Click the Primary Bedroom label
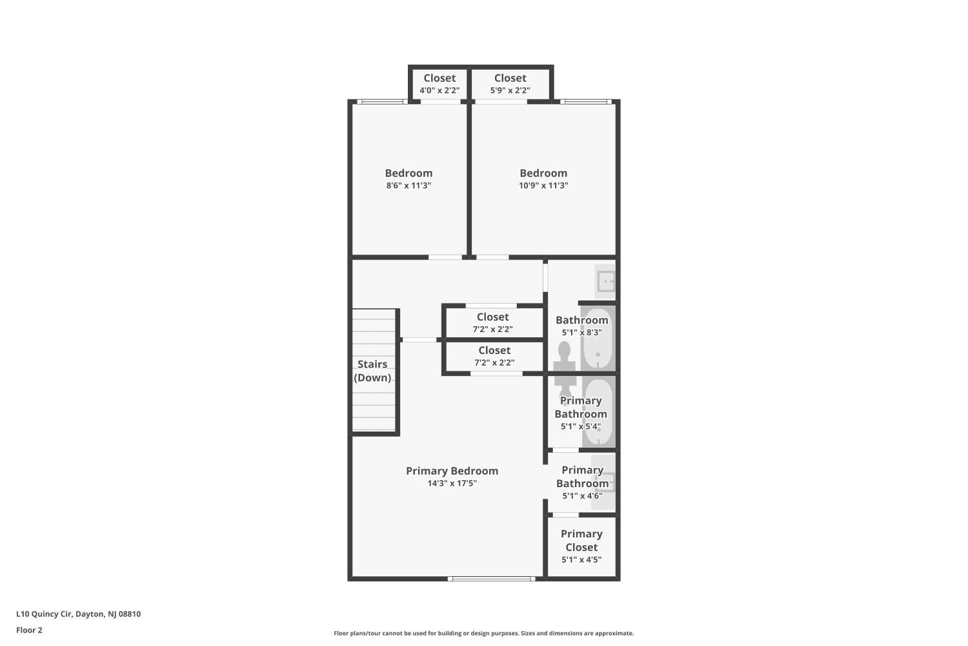pyautogui.click(x=452, y=471)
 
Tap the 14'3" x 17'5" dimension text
pyautogui.click(x=452, y=483)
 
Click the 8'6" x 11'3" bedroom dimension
pyautogui.click(x=408, y=185)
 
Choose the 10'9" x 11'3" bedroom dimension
pyautogui.click(x=543, y=185)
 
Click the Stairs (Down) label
pyautogui.click(x=372, y=371)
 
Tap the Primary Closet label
pyautogui.click(x=581, y=541)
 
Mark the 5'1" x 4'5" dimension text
pyautogui.click(x=581, y=560)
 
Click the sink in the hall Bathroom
pyautogui.click(x=605, y=282)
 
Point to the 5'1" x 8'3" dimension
pyautogui.click(x=581, y=333)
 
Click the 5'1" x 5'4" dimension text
pyautogui.click(x=581, y=426)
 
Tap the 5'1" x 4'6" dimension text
pyautogui.click(x=582, y=496)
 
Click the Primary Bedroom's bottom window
pyautogui.click(x=491, y=579)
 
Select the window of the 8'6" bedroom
pyautogui.click(x=382, y=102)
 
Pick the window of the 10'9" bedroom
pyautogui.click(x=586, y=102)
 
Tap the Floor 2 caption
pyautogui.click(x=30, y=630)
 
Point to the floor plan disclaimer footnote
pyautogui.click(x=483, y=634)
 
